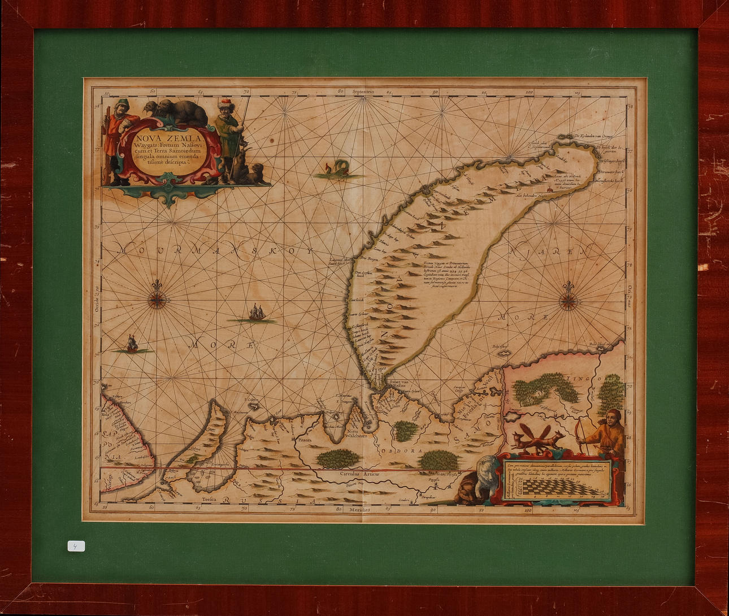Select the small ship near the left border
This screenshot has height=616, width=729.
(132, 343)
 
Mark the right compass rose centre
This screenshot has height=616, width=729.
(569, 301)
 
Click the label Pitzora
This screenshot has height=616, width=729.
(305, 439)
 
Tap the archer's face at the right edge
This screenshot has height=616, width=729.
(611, 419)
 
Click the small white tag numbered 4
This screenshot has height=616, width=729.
(76, 546)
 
